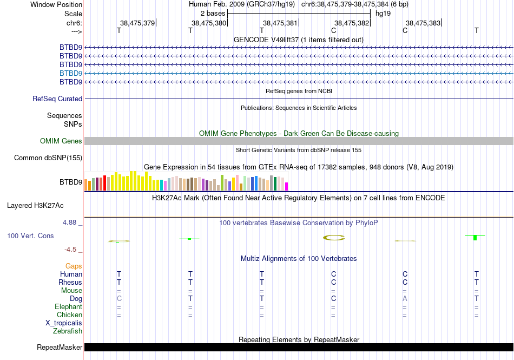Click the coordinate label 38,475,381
[x=280, y=23]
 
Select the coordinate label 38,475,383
[x=423, y=23]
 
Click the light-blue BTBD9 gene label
[x=71, y=73]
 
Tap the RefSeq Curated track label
[x=57, y=99]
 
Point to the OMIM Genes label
[x=61, y=141]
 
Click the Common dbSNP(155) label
[x=48, y=158]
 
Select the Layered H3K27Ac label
[x=35, y=206]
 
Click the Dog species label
[x=76, y=299]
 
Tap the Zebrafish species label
[x=68, y=331]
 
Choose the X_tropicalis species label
[x=64, y=323]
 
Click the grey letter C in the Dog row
[x=119, y=299]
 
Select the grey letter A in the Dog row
[x=405, y=299]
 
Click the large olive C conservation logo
[x=334, y=237]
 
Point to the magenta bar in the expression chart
[x=287, y=186]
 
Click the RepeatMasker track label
[x=60, y=348]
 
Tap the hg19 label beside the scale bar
[x=383, y=13]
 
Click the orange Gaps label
[x=74, y=266]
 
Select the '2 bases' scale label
[x=213, y=13]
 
